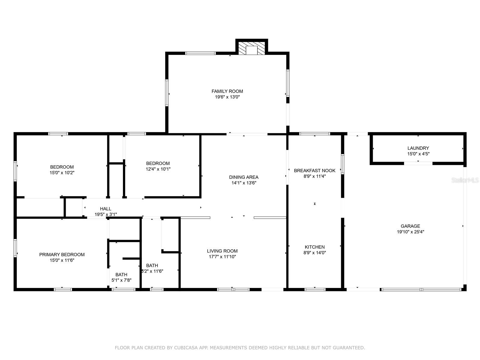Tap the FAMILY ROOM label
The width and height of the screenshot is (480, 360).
point(227,91)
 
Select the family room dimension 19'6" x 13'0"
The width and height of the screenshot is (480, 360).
point(227,97)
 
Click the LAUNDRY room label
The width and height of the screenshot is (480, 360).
point(418,148)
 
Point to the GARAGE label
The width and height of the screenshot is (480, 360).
point(410,226)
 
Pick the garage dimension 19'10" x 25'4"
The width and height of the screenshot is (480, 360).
point(410,232)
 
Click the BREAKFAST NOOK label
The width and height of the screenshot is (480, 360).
point(314,171)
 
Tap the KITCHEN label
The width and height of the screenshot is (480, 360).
point(314,247)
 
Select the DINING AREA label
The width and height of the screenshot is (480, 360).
point(244,177)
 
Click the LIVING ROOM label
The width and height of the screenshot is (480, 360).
point(222,251)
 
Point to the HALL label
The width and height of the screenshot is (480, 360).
point(105,209)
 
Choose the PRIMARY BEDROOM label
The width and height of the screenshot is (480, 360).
point(62,255)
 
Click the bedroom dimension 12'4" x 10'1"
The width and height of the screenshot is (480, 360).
point(158,169)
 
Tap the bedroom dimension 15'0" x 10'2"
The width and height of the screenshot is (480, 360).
point(62,173)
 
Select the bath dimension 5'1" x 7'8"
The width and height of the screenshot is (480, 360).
point(121,280)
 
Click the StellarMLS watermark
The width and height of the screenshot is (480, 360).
point(465,180)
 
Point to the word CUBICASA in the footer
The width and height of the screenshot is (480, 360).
point(186,347)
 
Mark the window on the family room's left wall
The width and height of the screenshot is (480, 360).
point(167,93)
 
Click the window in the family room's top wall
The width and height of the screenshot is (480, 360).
point(200,53)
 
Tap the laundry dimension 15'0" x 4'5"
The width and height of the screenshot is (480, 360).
point(418,154)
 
